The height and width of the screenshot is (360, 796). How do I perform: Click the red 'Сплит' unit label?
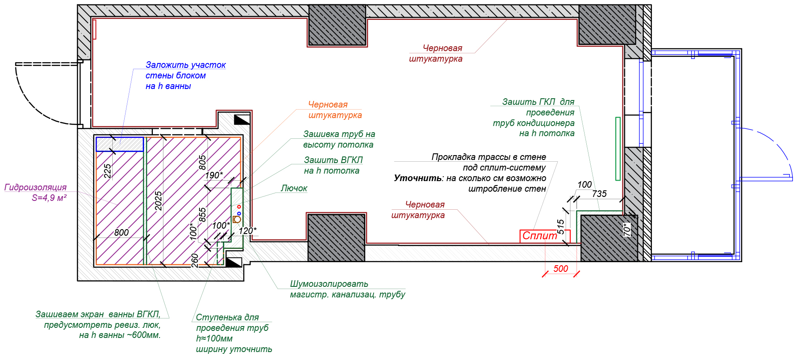point(540,236)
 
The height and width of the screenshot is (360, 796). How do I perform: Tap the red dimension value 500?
point(560,269)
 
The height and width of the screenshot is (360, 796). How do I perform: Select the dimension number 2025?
point(158,201)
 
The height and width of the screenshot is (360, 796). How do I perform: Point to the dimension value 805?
point(202,163)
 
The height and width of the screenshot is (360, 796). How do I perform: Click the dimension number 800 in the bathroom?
point(121,233)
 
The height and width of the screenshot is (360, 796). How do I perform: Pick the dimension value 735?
point(599,194)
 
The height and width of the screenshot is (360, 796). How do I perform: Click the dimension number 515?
point(561,226)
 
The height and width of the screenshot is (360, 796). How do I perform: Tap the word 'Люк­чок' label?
point(294,189)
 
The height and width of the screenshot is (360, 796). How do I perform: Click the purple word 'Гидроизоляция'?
point(35,187)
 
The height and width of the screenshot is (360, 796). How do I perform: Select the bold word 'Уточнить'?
point(418,178)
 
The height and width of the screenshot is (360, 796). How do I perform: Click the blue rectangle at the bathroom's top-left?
point(120,144)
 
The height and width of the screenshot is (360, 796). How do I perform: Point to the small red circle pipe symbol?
point(239,207)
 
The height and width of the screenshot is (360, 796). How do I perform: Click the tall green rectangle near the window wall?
point(618,148)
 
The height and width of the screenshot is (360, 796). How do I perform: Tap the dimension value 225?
point(107,171)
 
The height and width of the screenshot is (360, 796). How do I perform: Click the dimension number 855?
point(202,215)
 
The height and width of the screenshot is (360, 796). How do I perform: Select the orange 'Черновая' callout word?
point(328,105)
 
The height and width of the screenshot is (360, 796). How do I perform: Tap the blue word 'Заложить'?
point(163,65)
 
